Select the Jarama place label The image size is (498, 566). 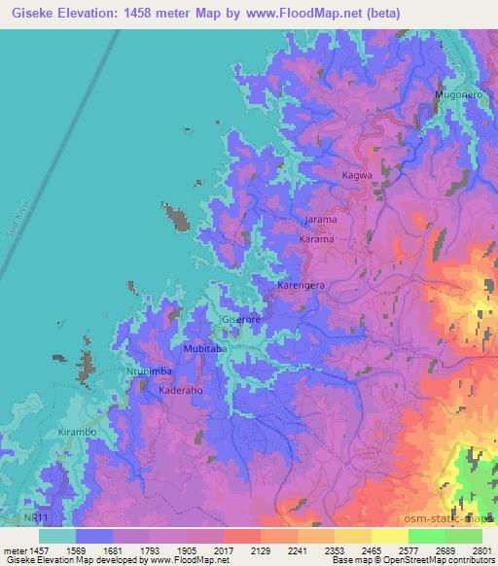tap(321, 220)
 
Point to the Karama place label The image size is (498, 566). tap(317, 238)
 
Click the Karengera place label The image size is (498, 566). tap(302, 286)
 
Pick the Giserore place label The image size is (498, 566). tap(242, 319)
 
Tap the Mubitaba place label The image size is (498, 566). tap(205, 348)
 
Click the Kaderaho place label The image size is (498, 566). tap(179, 389)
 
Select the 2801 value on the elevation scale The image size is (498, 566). tap(480, 549)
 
